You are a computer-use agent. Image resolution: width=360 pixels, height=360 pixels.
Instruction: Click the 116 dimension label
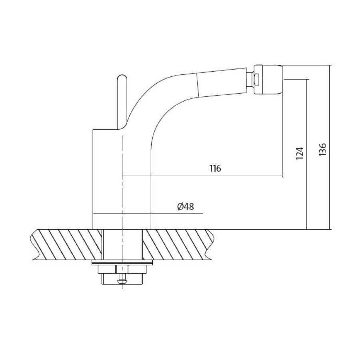pyautogui.click(x=215, y=168)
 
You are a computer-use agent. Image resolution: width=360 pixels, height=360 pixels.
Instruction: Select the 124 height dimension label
pyautogui.click(x=300, y=153)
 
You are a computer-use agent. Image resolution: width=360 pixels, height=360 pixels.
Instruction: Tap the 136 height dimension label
pyautogui.click(x=322, y=150)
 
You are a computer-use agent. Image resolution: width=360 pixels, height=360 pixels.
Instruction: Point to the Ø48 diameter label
pyautogui.click(x=186, y=206)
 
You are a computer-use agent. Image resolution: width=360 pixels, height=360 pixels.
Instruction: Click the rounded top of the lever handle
pyautogui.click(x=122, y=78)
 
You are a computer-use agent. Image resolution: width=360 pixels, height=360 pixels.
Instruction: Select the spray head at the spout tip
pyautogui.click(x=268, y=80)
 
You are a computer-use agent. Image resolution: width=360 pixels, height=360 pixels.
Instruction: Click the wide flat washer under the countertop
pyautogui.click(x=122, y=263)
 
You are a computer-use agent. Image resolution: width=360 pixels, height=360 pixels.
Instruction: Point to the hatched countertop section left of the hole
pyautogui.click(x=66, y=244)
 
